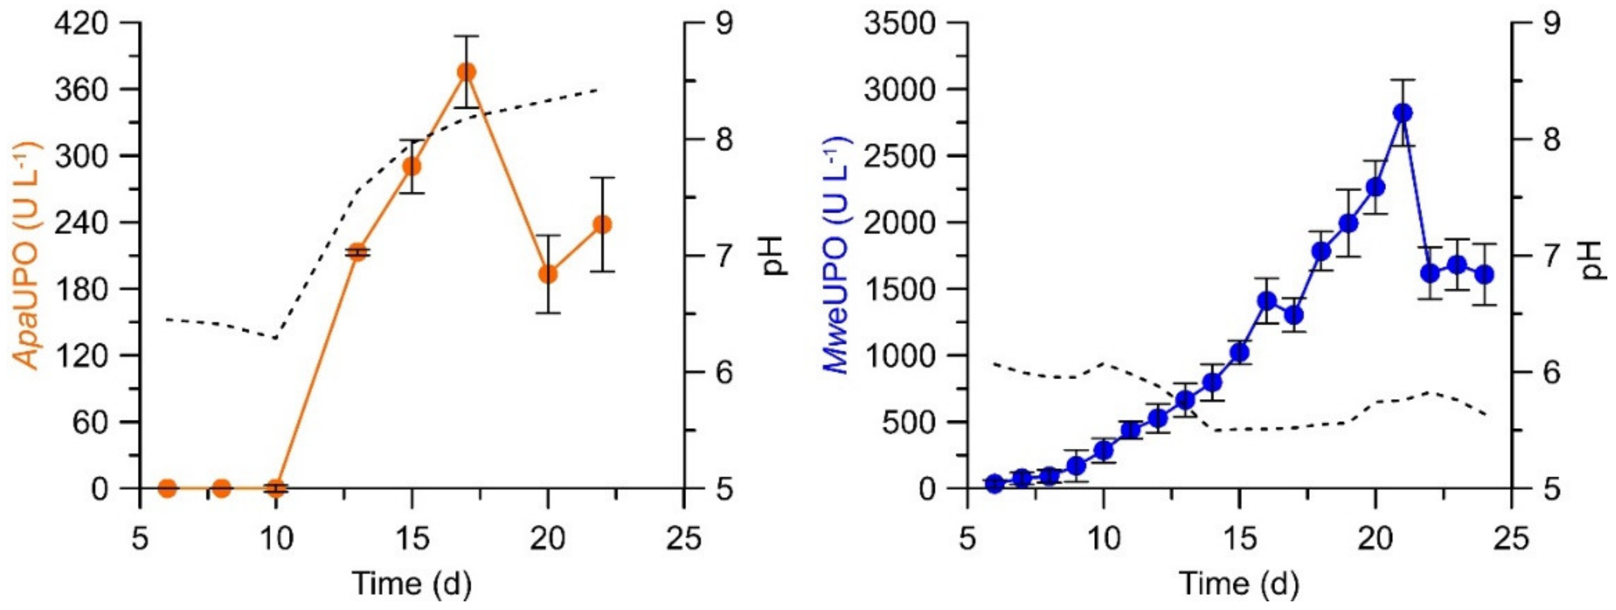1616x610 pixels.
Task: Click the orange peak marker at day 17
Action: (466, 72)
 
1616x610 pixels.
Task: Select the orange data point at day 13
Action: (358, 252)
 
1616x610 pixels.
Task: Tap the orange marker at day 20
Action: (548, 274)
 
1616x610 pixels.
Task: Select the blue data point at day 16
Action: (1262, 301)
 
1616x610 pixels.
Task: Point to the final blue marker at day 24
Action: (1484, 274)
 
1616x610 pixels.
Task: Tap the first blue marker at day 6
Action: (993, 483)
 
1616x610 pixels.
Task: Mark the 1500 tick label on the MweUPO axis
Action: (899, 289)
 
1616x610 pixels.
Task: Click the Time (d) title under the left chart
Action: (411, 584)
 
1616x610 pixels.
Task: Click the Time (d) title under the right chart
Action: (1239, 584)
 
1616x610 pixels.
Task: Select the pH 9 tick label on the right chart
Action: (1551, 23)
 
